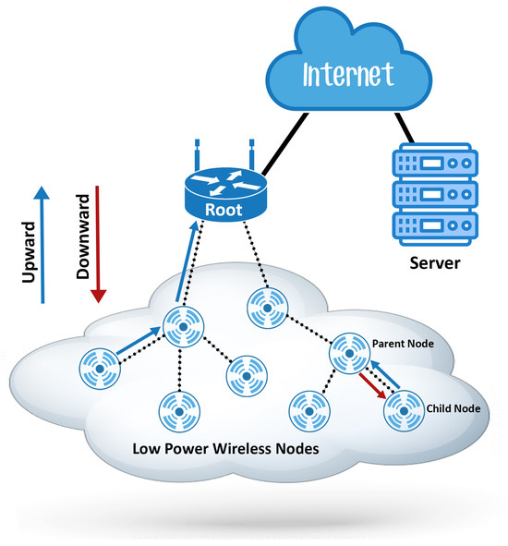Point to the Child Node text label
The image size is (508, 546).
(x=453, y=407)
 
